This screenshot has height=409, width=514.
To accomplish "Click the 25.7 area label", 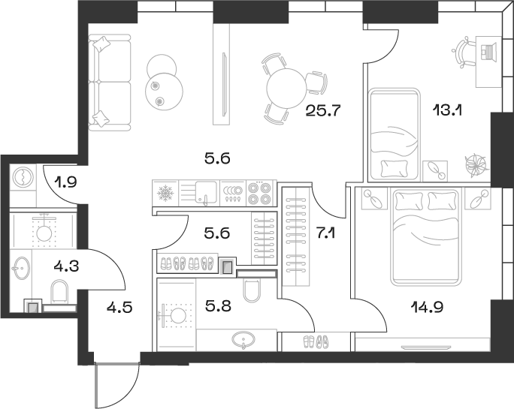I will click(324, 112).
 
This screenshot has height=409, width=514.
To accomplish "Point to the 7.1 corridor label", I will click(325, 233).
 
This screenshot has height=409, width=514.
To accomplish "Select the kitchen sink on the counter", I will click(205, 194).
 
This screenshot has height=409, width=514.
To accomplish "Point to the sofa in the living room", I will click(102, 82).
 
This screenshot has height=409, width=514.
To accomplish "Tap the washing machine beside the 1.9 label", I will click(23, 177).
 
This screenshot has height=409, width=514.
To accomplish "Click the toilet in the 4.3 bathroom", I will click(59, 293).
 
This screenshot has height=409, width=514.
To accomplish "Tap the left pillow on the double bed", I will click(410, 200).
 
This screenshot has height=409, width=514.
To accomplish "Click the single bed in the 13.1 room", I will click(394, 131).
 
